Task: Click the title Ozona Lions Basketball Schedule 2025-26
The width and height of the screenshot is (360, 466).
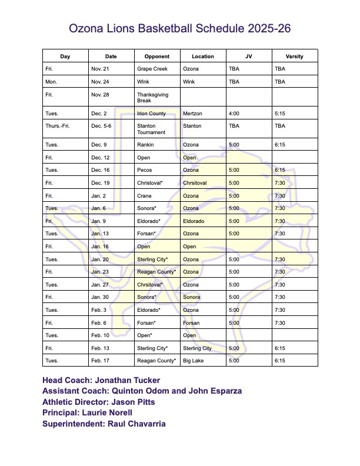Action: tap(180, 28)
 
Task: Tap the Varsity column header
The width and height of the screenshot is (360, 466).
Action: tap(294, 56)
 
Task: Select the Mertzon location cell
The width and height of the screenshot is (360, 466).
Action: tap(192, 113)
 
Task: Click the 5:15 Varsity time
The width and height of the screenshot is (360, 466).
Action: tap(280, 113)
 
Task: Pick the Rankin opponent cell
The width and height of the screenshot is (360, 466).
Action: tap(145, 145)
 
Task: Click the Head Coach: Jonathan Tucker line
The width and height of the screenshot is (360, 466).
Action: tap(101, 380)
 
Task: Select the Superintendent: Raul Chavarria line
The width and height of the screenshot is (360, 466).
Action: tap(104, 424)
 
